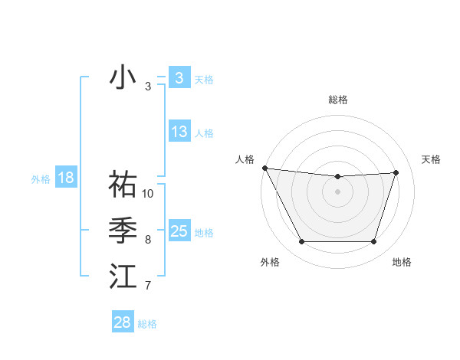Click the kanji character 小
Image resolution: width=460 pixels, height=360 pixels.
(x=123, y=77)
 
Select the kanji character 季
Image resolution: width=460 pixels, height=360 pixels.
(x=123, y=231)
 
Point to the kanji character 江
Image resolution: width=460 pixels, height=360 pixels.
(x=123, y=277)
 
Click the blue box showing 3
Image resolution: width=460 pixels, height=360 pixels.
(x=179, y=78)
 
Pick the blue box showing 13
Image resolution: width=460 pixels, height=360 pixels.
(x=179, y=132)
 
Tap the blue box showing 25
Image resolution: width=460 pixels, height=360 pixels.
(x=179, y=231)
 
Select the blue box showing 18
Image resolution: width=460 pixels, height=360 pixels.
(x=66, y=178)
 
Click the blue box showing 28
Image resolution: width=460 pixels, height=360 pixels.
(x=123, y=322)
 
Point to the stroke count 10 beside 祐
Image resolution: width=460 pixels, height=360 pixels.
(x=148, y=194)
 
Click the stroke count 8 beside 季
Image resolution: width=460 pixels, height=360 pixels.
(x=148, y=240)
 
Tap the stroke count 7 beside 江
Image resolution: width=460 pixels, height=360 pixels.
(x=148, y=286)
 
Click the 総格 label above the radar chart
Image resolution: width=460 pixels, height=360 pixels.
(x=337, y=100)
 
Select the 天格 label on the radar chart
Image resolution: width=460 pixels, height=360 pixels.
(x=432, y=159)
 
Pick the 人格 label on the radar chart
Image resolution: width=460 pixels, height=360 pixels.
(x=245, y=159)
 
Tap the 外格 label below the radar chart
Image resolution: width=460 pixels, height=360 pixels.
(x=270, y=262)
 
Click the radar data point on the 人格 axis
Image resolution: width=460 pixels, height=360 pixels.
(x=264, y=168)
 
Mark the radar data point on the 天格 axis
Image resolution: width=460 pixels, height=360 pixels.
(x=396, y=172)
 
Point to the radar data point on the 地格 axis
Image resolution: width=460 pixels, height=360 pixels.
(x=374, y=242)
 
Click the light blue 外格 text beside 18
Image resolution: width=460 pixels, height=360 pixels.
(x=41, y=179)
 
